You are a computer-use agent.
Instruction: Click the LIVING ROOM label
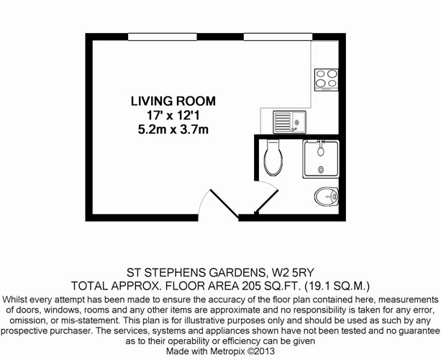pyautogui.click(x=173, y=101)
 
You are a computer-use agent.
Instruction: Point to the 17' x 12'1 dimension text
pyautogui.click(x=173, y=115)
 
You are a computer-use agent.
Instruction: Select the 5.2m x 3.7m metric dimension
pyautogui.click(x=173, y=130)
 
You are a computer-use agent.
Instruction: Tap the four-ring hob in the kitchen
pyautogui.click(x=326, y=80)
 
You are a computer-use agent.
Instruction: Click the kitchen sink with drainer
pyautogui.click(x=289, y=122)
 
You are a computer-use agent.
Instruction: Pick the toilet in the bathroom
pyautogui.click(x=273, y=158)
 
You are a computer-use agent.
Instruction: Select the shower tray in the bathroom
pyautogui.click(x=321, y=159)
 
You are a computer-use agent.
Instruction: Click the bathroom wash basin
pyautogui.click(x=327, y=197)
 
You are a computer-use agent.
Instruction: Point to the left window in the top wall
pyautogui.click(x=163, y=37)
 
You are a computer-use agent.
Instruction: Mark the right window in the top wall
pyautogui.click(x=278, y=37)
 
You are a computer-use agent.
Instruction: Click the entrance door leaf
pyautogui.click(x=224, y=204)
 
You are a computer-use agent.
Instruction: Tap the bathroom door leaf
pyautogui.click(x=266, y=202)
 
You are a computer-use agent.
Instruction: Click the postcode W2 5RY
pyautogui.click(x=293, y=272)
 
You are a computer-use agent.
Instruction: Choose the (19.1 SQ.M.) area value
pyautogui.click(x=337, y=286)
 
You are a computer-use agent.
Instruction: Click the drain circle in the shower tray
pyautogui.click(x=321, y=169)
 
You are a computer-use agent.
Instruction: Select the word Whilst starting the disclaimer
pyautogui.click(x=14, y=300)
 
